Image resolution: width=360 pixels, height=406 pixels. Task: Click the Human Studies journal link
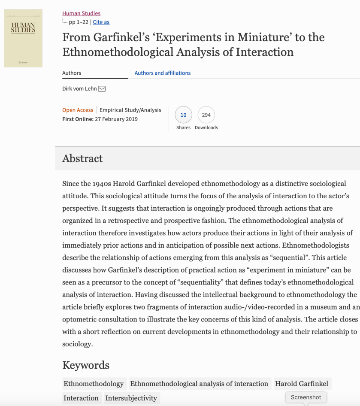[x=81, y=13]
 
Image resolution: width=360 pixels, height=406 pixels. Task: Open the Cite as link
[x=101, y=22]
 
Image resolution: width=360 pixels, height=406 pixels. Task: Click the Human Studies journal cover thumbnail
[x=23, y=38]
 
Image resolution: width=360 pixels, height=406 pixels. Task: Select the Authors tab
[x=72, y=73]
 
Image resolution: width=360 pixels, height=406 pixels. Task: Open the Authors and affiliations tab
[x=163, y=73]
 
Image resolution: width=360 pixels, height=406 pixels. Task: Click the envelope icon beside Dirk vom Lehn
[x=102, y=89]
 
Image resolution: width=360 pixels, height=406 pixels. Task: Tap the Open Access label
[x=78, y=110]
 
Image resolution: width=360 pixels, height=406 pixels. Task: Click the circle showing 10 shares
[x=183, y=115]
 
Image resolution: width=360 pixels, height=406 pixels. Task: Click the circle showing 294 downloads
[x=206, y=115]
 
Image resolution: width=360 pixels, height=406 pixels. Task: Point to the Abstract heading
[x=82, y=158]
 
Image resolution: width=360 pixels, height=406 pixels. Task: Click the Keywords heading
[x=86, y=365]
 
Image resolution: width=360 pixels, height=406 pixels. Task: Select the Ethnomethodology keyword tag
[x=94, y=384]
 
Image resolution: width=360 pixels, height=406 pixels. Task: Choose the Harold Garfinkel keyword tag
[x=302, y=384]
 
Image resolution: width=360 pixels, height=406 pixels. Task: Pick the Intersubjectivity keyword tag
[x=131, y=398]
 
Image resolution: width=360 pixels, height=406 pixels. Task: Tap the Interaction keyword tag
[x=81, y=398]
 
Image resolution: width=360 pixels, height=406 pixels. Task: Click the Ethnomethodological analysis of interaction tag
[x=199, y=384]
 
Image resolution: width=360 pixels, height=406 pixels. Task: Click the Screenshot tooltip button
[x=306, y=397]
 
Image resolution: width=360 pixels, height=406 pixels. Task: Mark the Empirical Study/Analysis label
[x=130, y=110]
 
